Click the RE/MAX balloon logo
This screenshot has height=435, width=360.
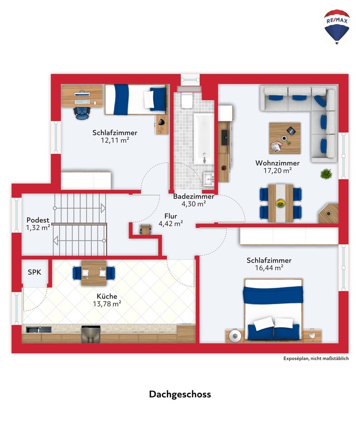click(337, 27)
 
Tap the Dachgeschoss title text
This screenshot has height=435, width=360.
click(180, 394)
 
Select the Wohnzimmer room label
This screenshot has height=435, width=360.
click(277, 163)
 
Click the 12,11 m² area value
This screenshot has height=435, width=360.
click(115, 140)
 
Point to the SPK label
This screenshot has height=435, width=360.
click(34, 272)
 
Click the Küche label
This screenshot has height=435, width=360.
click(107, 296)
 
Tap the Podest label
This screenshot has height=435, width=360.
click(38, 220)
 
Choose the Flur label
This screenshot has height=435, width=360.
click(170, 216)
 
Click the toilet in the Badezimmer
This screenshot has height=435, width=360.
click(187, 100)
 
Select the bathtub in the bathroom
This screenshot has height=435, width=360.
click(204, 139)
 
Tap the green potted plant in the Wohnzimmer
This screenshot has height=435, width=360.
click(326, 174)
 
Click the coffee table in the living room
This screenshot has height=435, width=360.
click(285, 138)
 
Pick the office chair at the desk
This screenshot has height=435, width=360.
click(82, 112)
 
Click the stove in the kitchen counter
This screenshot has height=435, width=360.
click(90, 335)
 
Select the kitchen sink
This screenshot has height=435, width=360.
click(39, 330)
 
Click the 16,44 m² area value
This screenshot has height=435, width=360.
click(269, 268)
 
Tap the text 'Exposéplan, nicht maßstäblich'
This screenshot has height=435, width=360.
click(316, 358)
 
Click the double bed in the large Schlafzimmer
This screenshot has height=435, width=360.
click(273, 310)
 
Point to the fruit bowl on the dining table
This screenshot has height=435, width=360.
click(280, 203)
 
